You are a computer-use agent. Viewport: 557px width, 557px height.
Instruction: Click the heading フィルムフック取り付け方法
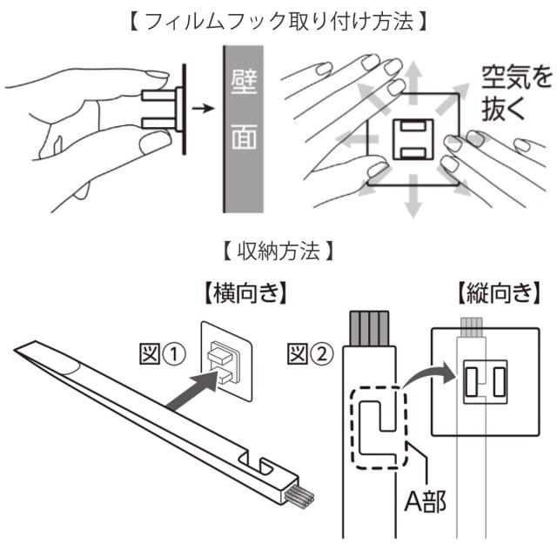pos(278,18)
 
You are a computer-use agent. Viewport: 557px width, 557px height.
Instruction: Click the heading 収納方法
pos(278,253)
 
